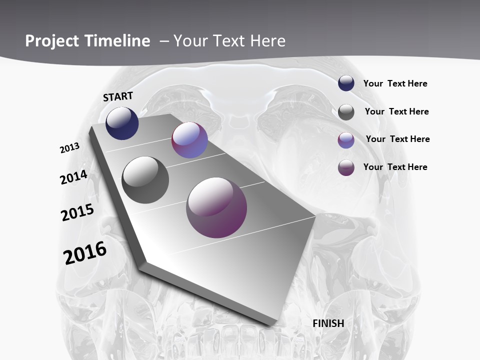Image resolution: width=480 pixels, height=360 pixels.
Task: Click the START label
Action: pos(118,96)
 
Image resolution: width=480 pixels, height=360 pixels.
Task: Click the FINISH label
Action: pos(328,323)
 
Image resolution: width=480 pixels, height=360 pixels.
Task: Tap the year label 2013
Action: pos(70,147)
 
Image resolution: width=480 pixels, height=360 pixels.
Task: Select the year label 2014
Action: pos(74,177)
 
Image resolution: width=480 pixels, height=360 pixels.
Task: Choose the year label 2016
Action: pos(85,252)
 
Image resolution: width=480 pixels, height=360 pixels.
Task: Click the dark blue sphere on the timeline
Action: pos(122,123)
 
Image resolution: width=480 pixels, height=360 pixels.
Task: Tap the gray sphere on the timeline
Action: pos(145,180)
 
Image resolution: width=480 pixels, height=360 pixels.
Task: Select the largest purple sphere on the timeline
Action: pos(216,207)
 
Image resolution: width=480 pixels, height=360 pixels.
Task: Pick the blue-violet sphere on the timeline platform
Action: pos(189,140)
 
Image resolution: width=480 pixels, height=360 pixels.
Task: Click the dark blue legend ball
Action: pos(346,83)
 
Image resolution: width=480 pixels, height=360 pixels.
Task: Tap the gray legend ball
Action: pos(346,112)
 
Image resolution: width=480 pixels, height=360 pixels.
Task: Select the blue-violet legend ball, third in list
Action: pos(346,140)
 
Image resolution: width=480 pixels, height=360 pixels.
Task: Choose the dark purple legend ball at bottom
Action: pos(346,167)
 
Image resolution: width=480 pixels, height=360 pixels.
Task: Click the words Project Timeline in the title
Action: pos(87,41)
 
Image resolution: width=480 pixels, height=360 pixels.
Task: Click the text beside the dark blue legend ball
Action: pos(395,83)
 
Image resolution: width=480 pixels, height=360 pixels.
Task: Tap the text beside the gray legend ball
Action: pos(396,111)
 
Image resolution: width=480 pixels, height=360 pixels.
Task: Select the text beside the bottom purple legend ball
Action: pos(395,167)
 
